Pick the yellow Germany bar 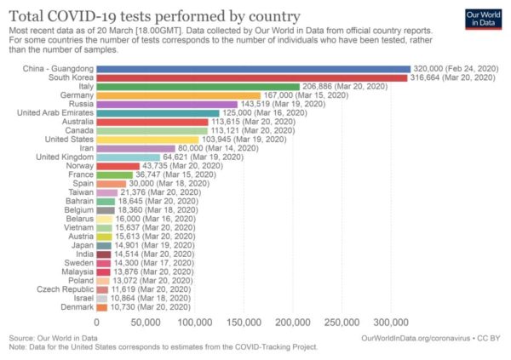178,95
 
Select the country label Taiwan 78,192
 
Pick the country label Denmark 74,307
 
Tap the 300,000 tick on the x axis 392,323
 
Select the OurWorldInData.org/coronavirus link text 420,337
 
